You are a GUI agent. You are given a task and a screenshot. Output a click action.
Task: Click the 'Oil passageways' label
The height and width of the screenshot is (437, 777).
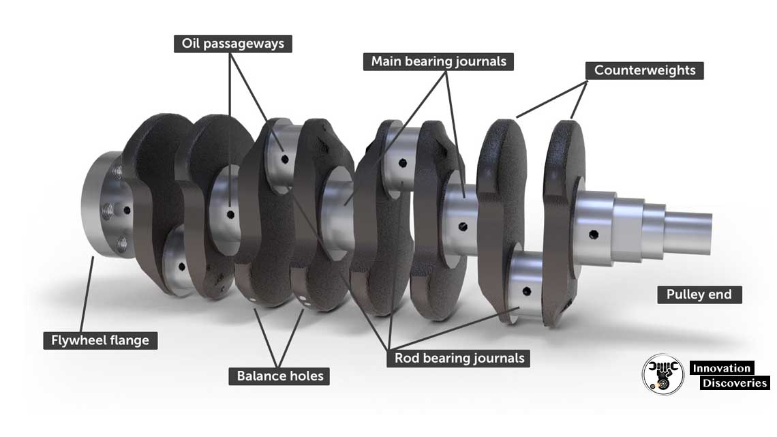[233, 44]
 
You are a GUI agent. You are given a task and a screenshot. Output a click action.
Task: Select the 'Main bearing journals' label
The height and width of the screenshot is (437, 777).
[438, 61]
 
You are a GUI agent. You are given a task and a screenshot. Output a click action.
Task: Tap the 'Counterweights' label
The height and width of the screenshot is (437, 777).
[645, 70]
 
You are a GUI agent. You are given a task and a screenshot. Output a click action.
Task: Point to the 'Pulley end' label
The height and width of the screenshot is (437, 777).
[699, 295]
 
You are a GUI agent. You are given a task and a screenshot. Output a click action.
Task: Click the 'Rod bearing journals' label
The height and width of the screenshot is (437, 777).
[459, 358]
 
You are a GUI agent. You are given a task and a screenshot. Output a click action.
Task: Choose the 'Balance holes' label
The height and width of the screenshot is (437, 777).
[279, 376]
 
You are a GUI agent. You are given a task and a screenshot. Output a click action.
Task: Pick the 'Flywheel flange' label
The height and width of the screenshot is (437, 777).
[100, 340]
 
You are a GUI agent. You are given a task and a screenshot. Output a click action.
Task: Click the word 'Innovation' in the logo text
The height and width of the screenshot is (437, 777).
[722, 368]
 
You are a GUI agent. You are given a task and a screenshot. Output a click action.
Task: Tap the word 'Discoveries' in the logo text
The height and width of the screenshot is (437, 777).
[735, 382]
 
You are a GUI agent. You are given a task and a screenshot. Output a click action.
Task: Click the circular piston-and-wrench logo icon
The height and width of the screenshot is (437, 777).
[663, 374]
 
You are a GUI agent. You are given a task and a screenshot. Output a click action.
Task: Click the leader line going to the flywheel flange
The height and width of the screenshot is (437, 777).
[87, 295]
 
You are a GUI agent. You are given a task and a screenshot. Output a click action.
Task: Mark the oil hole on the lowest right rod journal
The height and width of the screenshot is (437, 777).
[527, 291]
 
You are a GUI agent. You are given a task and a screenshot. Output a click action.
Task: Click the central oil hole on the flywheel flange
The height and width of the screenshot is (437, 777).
[127, 210]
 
